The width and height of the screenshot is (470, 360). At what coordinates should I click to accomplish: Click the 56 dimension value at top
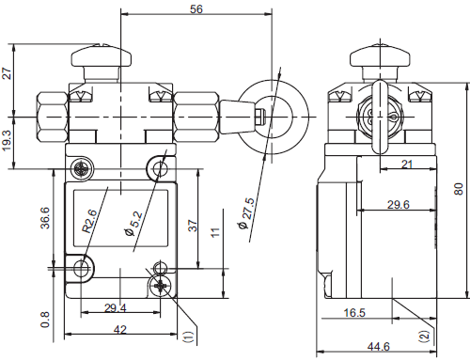pyautogui.click(x=196, y=9)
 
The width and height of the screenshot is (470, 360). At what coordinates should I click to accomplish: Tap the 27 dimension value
pyautogui.click(x=7, y=73)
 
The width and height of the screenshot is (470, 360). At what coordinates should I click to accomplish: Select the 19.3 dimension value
pyautogui.click(x=7, y=140)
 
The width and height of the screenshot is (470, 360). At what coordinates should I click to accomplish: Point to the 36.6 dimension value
pyautogui.click(x=45, y=218)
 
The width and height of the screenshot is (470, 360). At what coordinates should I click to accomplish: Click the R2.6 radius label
pyautogui.click(x=90, y=221)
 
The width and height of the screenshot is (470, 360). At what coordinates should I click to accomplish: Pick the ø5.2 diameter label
pyautogui.click(x=134, y=224)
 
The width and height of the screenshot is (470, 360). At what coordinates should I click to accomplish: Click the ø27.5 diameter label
pyautogui.click(x=246, y=213)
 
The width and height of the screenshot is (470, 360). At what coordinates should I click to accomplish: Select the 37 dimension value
pyautogui.click(x=193, y=226)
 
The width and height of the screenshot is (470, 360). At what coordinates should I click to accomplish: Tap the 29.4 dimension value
pyautogui.click(x=116, y=308)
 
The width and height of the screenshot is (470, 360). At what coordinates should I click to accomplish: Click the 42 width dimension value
pyautogui.click(x=120, y=329)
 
